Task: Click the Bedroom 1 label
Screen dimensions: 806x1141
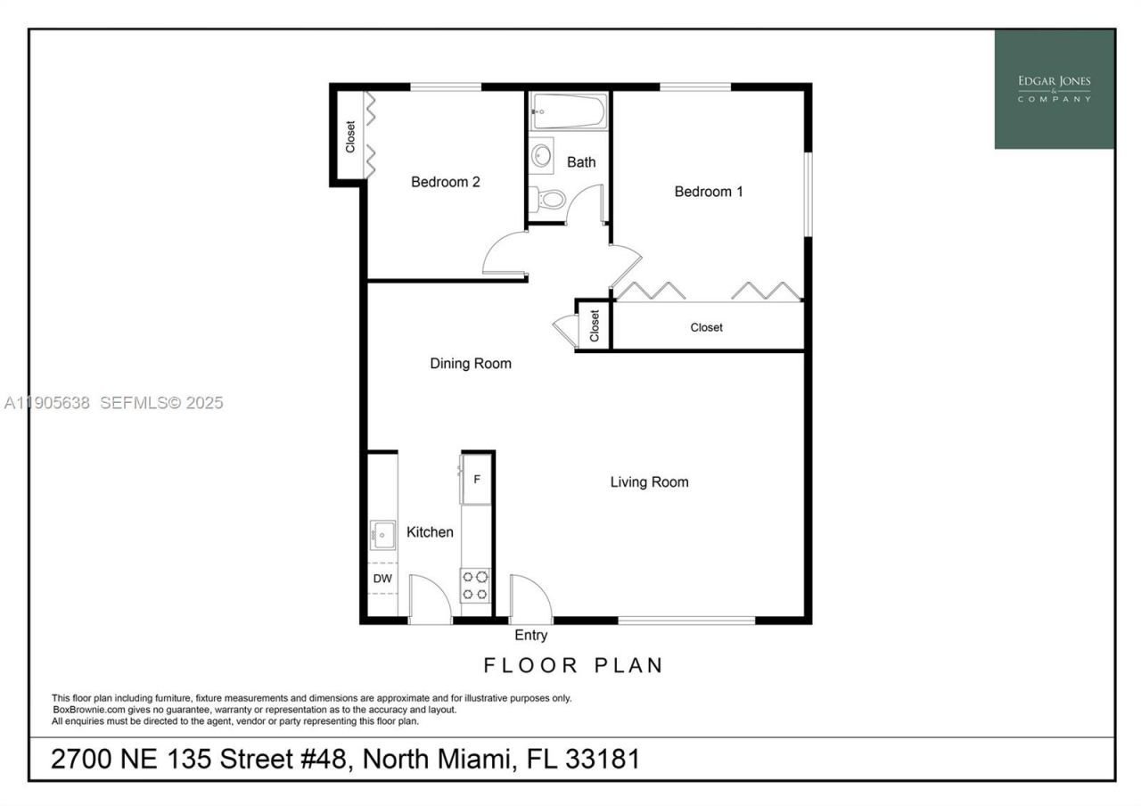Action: (709, 192)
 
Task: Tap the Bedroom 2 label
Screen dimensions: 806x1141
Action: (446, 182)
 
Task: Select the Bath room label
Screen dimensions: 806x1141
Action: (581, 162)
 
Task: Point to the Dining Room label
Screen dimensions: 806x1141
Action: (471, 364)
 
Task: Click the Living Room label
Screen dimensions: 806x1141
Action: (649, 482)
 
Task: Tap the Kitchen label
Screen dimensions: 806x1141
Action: (430, 532)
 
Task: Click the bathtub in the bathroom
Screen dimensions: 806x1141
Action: (570, 111)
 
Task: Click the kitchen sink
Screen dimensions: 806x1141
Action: (384, 536)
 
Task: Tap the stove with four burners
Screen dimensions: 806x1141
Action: (475, 586)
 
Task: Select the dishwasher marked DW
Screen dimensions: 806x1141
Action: (382, 579)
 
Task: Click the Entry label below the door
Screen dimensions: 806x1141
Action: (531, 636)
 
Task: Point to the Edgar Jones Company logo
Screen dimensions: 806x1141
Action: (1055, 89)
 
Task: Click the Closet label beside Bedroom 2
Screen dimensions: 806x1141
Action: (350, 136)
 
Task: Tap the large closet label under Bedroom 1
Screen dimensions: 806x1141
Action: (707, 327)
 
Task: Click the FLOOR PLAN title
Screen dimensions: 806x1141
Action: (574, 665)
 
